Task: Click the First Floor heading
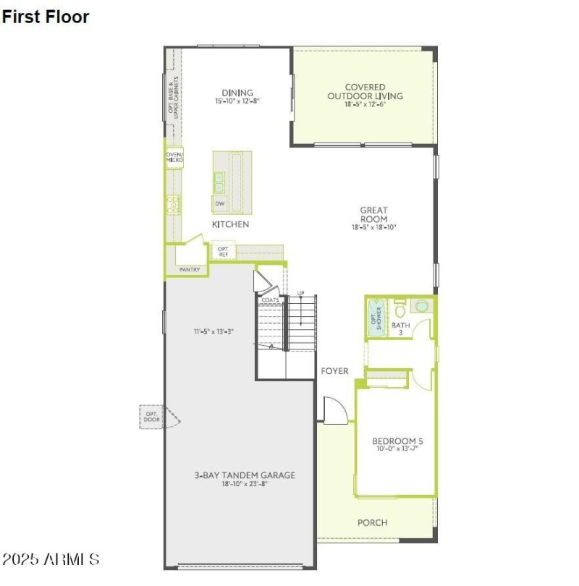tap(46, 17)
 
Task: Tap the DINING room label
tap(237, 93)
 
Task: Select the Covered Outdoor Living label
tap(365, 92)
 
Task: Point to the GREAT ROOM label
tap(373, 214)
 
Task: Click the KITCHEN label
tap(230, 224)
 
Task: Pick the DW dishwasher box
tap(220, 203)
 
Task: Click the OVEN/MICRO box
tap(174, 157)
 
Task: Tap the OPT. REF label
tap(223, 252)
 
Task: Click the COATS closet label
tap(271, 300)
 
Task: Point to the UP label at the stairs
tap(300, 293)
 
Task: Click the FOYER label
tap(334, 371)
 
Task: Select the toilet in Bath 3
tap(400, 310)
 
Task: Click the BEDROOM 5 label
tap(395, 441)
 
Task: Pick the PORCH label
tap(372, 522)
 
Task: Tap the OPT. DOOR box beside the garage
tap(151, 416)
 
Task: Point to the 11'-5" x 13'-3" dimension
tap(212, 331)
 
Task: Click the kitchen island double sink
tap(219, 182)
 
